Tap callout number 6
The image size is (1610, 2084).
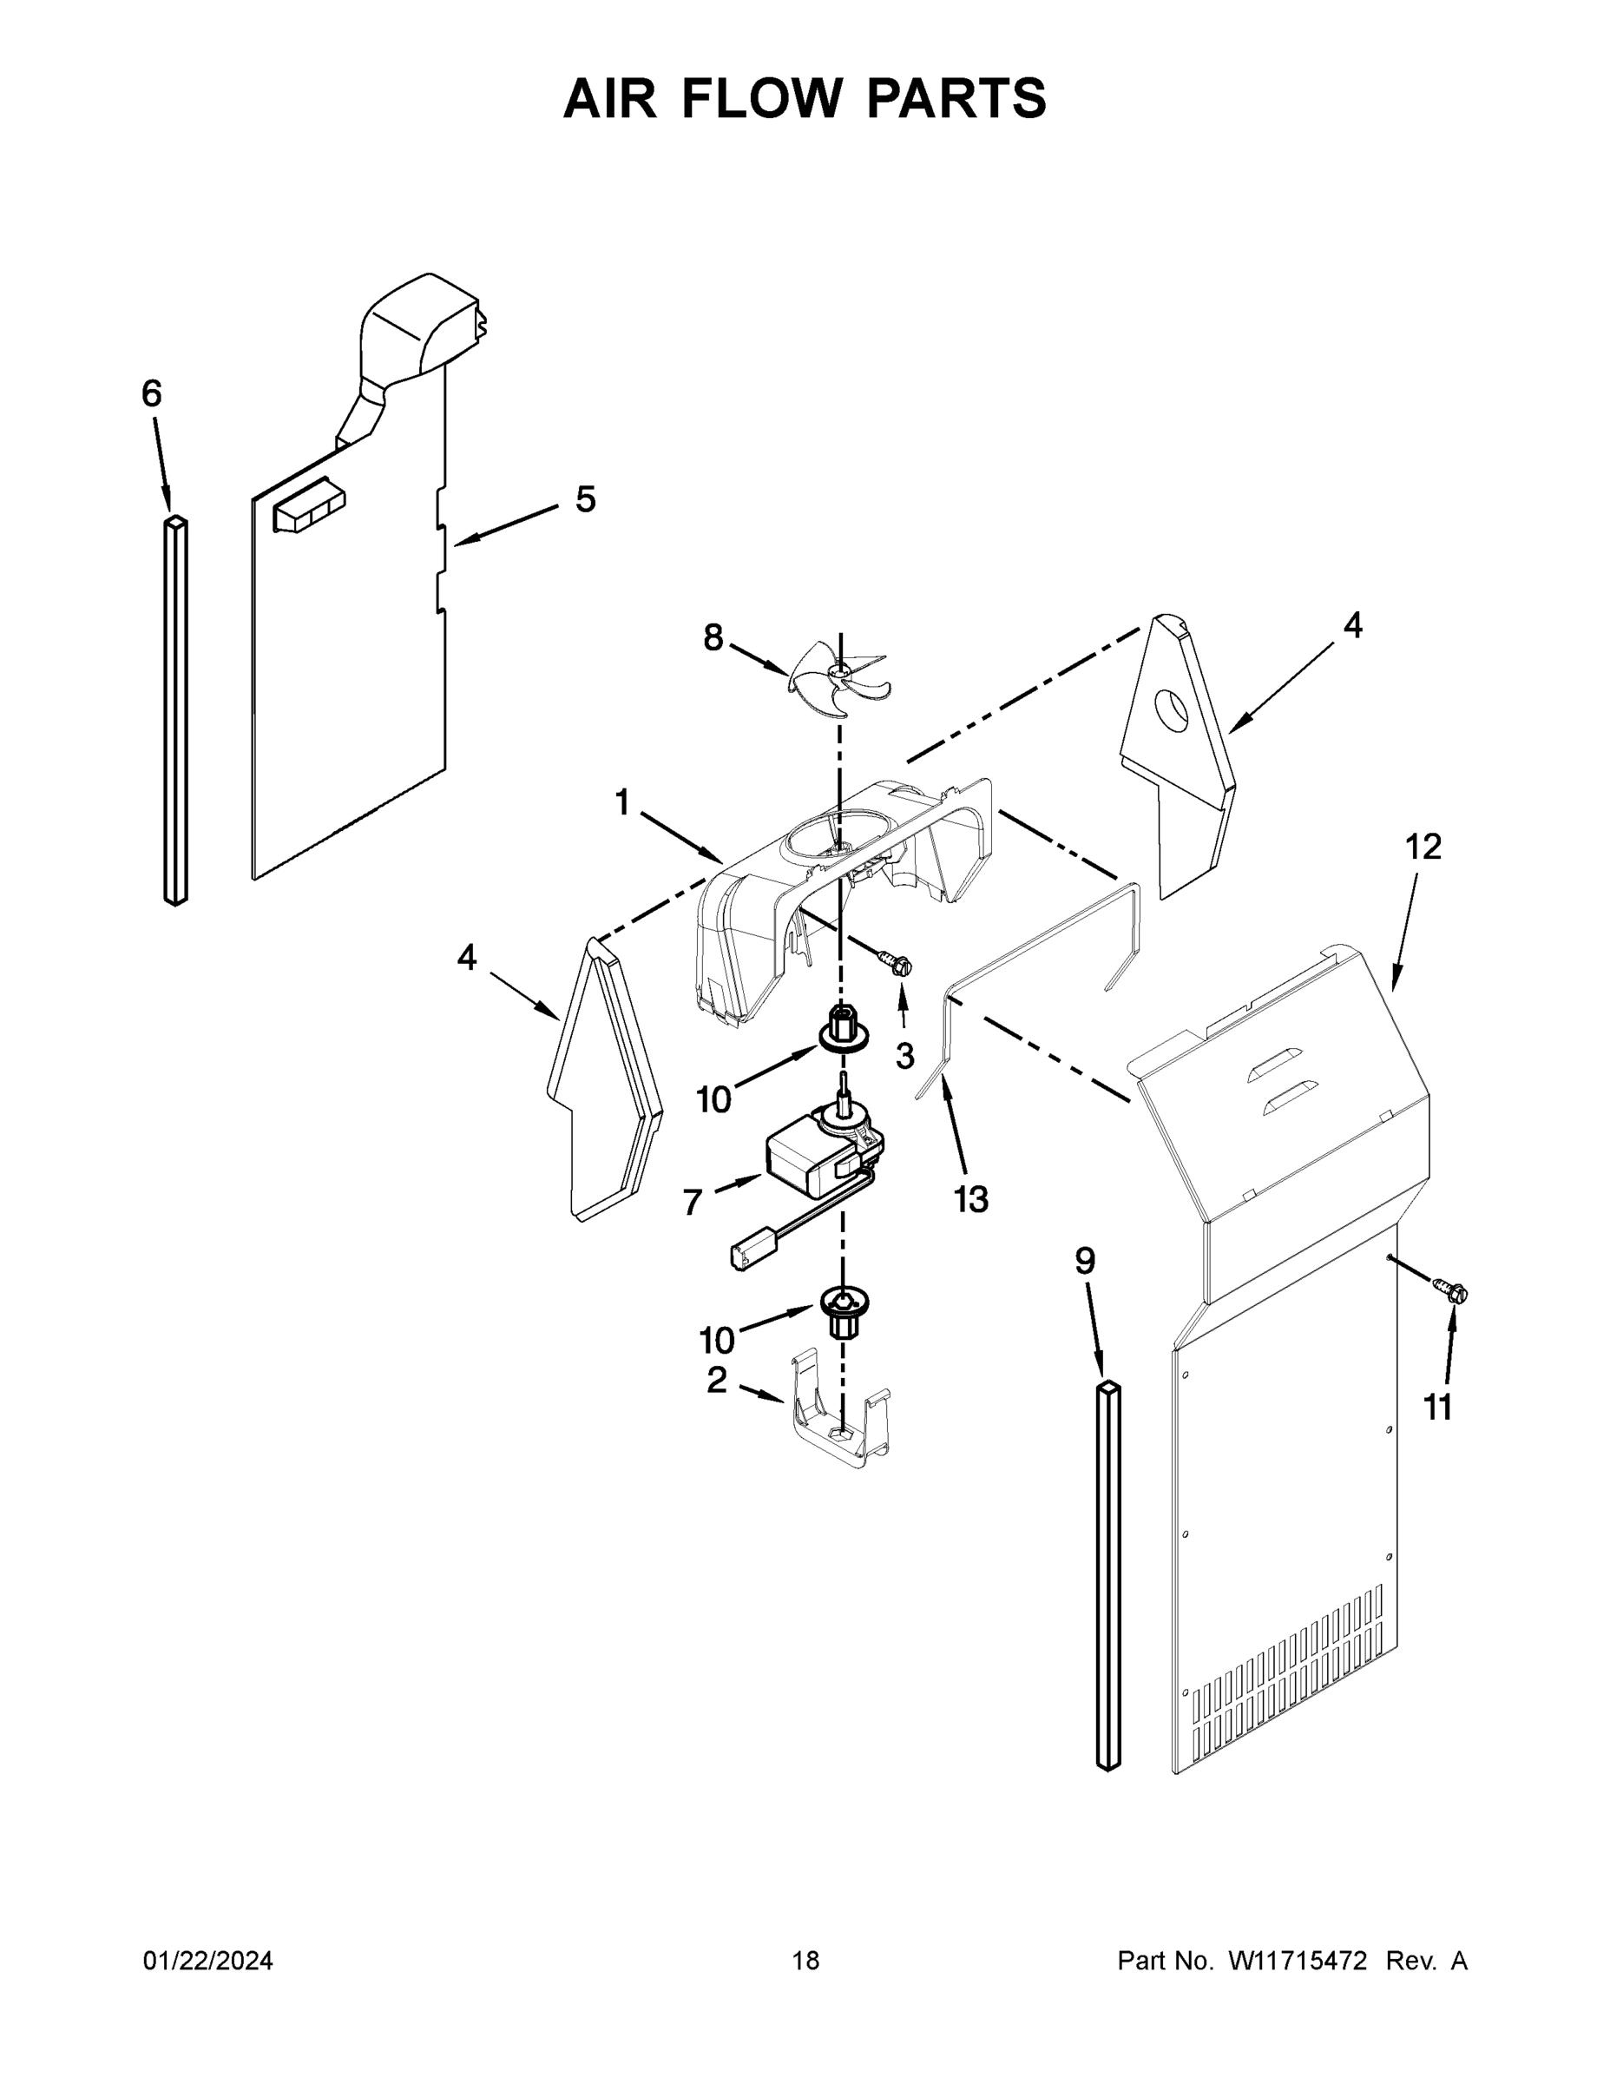pos(152,393)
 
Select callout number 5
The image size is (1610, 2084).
pos(585,499)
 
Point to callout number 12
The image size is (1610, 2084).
pos(1423,847)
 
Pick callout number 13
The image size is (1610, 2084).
pos(971,1198)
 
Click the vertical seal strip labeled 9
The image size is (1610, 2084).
pos(1108,1574)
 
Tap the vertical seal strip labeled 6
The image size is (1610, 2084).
pos(175,711)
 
